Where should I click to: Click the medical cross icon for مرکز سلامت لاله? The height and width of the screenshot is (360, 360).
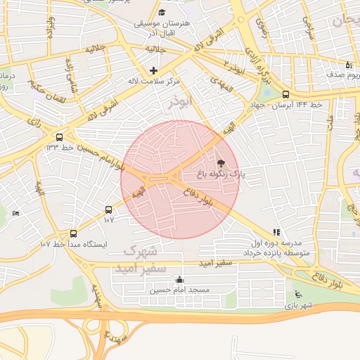pos(153,70)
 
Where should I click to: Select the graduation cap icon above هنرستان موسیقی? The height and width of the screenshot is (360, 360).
pos(162,13)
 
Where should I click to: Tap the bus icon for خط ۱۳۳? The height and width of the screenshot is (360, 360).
pos(59,138)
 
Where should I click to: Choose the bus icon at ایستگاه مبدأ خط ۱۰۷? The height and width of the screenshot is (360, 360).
pos(73,233)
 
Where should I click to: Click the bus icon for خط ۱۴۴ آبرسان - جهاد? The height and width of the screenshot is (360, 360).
pos(285,94)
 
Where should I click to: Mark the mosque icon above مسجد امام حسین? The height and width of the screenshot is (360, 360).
pos(179,279)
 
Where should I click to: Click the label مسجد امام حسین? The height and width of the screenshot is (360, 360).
pos(179,290)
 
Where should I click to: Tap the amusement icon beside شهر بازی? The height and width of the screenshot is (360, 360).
pos(297,295)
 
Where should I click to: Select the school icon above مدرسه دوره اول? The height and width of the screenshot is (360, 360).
pos(276,231)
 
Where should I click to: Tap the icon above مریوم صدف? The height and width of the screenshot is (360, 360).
pos(349,65)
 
